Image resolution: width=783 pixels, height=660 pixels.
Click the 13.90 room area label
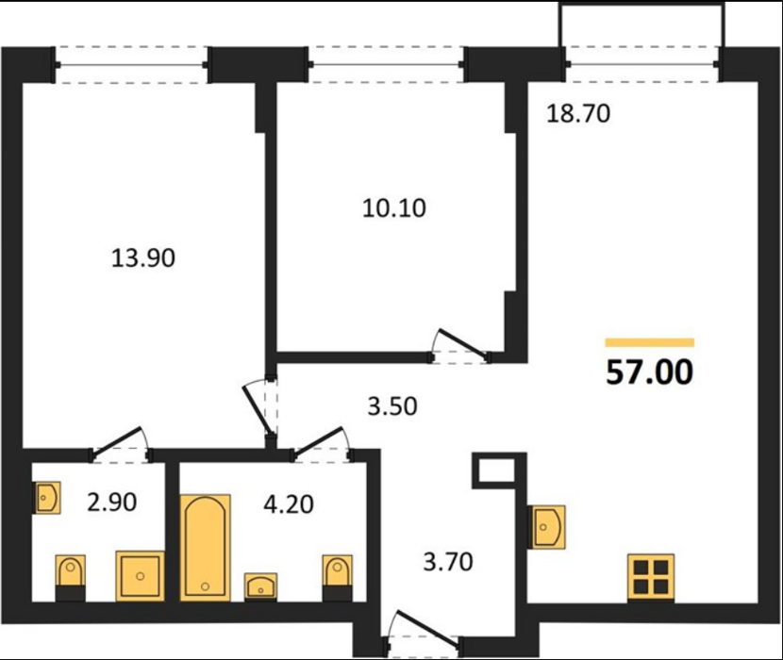142,258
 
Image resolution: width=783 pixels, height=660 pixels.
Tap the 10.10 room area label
394,208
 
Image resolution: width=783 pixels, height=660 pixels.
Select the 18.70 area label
578,114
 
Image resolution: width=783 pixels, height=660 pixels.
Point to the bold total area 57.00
650,372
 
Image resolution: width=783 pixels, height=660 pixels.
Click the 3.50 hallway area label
392,406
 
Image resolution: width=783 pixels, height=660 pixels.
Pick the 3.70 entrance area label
448,562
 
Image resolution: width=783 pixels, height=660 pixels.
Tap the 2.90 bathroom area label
112,503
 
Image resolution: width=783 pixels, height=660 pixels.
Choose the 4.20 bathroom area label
289,504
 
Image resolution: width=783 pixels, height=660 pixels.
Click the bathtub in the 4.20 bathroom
205,547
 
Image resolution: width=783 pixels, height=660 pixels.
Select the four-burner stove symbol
651,576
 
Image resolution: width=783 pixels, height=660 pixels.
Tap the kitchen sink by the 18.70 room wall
547,527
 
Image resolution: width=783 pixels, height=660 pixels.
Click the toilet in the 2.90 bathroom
70,577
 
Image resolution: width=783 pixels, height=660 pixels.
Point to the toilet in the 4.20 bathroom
337,577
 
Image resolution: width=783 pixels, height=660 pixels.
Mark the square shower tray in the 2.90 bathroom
141,576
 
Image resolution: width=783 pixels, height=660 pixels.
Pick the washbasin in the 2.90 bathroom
47,498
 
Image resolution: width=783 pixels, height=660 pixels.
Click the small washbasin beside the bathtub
260,586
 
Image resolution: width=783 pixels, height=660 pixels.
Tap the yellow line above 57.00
650,342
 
